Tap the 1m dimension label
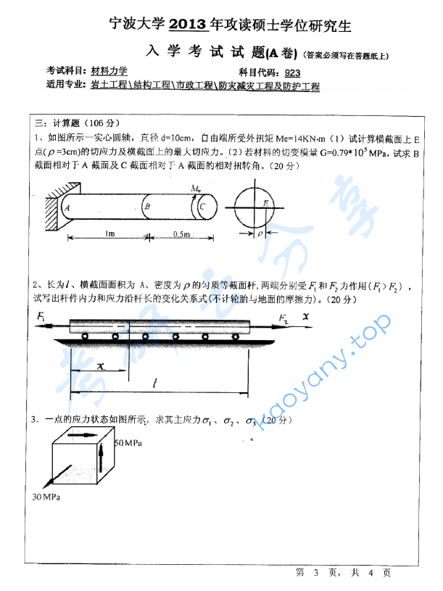[x=110, y=234]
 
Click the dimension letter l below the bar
[x=153, y=383]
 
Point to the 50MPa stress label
[x=128, y=442]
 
